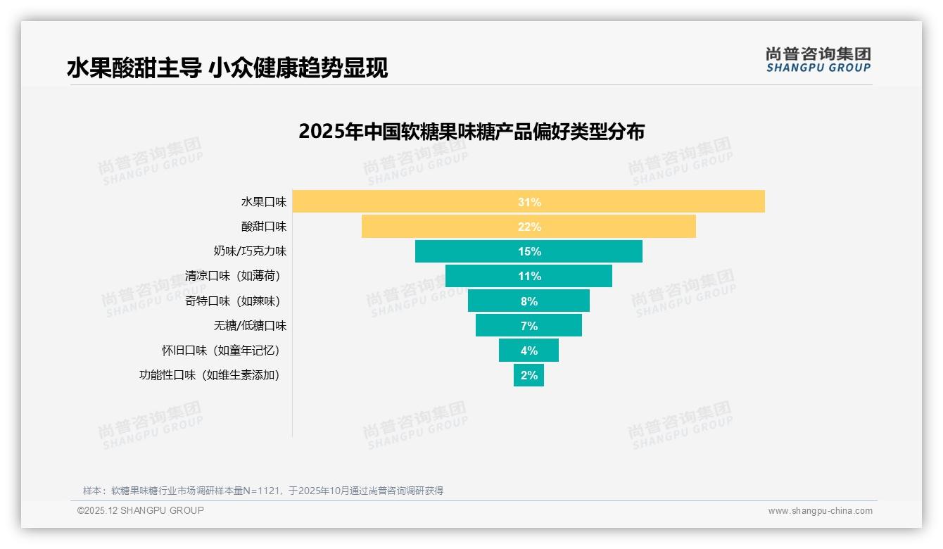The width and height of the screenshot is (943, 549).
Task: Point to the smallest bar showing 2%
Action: (529, 375)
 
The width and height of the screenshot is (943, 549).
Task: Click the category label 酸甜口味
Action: (264, 227)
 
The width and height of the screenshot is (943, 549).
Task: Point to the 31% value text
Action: (529, 202)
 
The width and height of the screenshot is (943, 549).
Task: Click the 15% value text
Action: (529, 251)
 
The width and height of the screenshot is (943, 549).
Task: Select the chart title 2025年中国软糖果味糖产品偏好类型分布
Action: (471, 132)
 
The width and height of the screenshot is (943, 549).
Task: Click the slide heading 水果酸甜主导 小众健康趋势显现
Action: (227, 68)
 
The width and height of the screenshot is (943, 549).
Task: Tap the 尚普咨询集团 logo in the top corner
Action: (818, 59)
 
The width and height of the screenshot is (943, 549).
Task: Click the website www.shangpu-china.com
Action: (820, 511)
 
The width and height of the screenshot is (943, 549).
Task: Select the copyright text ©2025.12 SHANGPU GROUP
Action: (141, 510)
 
